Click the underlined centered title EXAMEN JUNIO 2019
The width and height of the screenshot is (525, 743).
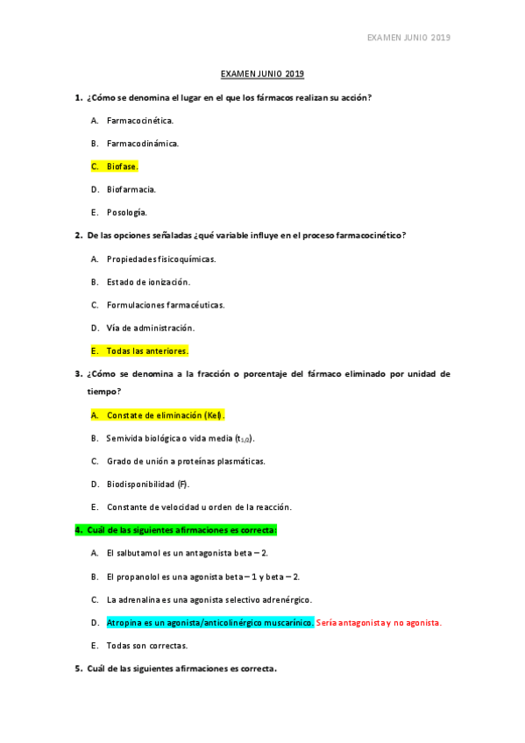262,74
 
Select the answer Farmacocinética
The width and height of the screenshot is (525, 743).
140,120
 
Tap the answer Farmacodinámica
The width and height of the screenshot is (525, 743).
143,143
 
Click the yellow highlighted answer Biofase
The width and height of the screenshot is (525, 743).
122,166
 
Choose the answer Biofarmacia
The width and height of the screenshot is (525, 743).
131,188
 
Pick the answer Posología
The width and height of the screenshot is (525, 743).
126,212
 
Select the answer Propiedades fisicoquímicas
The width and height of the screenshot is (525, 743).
160,258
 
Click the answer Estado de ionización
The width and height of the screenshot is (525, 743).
148,281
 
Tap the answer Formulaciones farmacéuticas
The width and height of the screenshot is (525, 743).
165,304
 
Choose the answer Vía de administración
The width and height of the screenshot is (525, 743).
150,328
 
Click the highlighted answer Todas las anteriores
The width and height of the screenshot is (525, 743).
146,350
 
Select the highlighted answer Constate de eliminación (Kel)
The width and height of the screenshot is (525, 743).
165,414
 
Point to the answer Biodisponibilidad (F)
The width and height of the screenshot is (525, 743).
147,484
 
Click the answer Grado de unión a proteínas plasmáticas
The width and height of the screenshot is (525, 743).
185,461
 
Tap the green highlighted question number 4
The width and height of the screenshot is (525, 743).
78,529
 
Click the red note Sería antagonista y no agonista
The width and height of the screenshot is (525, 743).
379,622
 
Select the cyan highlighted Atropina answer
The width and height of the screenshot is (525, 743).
209,622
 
